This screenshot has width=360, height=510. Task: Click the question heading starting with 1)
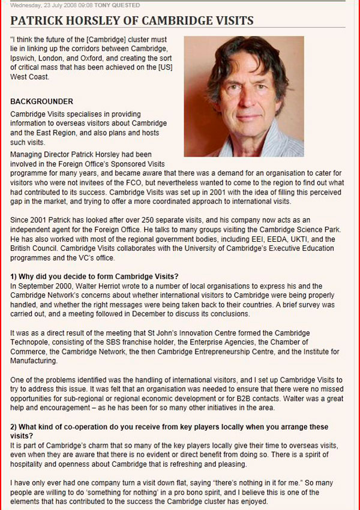[x=94, y=276]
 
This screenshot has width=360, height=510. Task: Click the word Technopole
[x=31, y=342]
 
